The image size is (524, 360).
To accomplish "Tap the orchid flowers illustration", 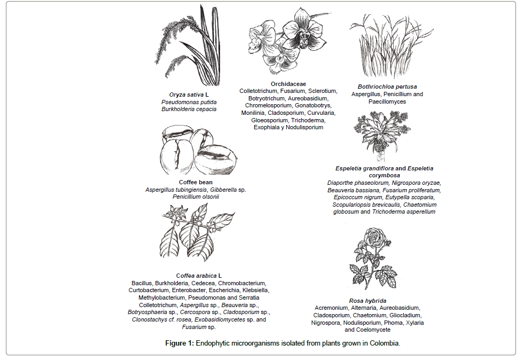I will pyautogui.click(x=280, y=43).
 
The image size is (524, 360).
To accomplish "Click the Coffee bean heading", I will pyautogui.click(x=195, y=183).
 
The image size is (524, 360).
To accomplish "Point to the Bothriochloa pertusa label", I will pyautogui.click(x=387, y=87).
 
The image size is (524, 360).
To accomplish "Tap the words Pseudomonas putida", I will pyautogui.click(x=190, y=102).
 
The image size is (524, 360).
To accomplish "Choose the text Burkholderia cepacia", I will pyautogui.click(x=190, y=109).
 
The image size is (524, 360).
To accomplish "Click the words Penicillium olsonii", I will pyautogui.click(x=195, y=197).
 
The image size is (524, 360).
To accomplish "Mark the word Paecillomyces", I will pyautogui.click(x=387, y=101).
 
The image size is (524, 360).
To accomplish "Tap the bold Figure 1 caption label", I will pyautogui.click(x=179, y=343).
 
